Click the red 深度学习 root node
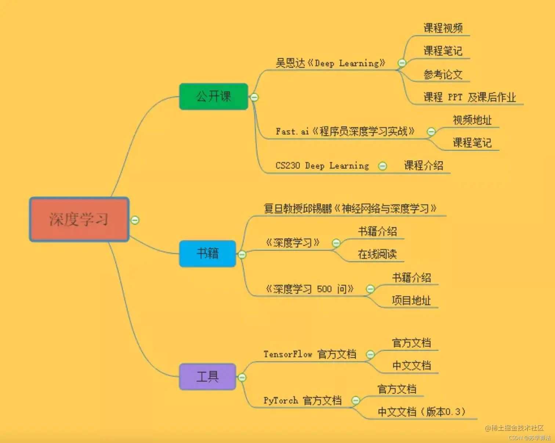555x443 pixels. pos(79,219)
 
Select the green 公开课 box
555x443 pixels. pos(213,97)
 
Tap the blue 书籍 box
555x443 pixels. pos(207,253)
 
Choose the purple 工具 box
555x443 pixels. pos(207,377)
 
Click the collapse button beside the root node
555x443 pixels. pos(135,220)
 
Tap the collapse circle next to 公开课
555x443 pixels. pos(254,97)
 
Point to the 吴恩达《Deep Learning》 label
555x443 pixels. pos(330,63)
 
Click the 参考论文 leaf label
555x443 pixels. pos(443,75)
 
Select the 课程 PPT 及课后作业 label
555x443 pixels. pos(469,97)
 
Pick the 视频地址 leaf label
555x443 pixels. pos(472,120)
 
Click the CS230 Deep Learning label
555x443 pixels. pos(322,166)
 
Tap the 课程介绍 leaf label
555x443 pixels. pos(423,166)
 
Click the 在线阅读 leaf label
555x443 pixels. pos(377,254)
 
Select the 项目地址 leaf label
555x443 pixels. pos(411,300)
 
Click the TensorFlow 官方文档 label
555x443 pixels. pos(310,354)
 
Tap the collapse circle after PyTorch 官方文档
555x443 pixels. pos(355,400)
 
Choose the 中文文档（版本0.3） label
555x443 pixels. pos(421,412)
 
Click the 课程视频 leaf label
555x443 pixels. pos(443,28)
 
